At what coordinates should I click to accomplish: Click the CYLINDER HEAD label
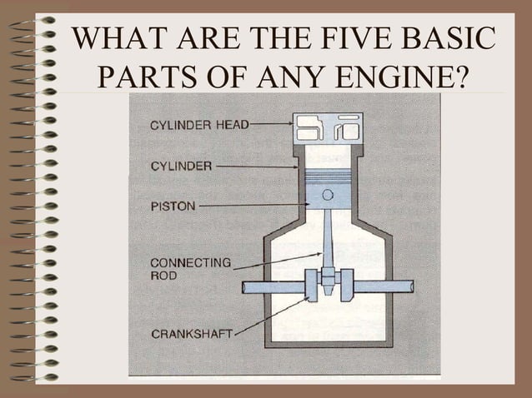click(198, 126)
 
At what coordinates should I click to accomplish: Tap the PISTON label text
click(173, 206)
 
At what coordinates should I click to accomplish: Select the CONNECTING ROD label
click(190, 268)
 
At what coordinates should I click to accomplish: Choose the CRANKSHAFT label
click(192, 334)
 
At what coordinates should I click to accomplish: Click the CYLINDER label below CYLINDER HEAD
click(181, 167)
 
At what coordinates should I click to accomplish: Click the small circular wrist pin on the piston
click(328, 195)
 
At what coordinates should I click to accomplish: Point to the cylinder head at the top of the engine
click(328, 129)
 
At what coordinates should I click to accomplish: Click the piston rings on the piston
click(328, 177)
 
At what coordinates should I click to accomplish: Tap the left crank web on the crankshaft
click(312, 286)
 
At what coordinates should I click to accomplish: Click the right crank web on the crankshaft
click(346, 286)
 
